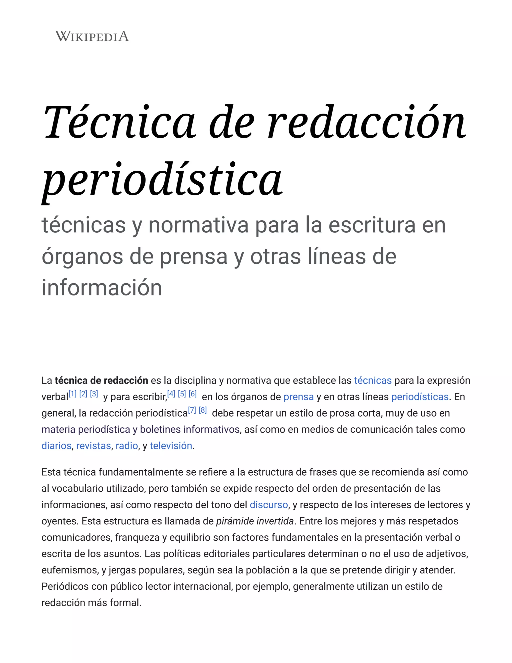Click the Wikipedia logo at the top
[x=92, y=37]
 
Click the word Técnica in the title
[x=120, y=123]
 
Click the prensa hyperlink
[x=298, y=397]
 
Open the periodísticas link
[x=420, y=397]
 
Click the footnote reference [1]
[x=72, y=394]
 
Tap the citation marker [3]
[x=94, y=394]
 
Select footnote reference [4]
[x=171, y=394]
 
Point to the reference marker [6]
[x=192, y=394]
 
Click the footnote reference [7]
[x=192, y=410]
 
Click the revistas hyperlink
[x=93, y=446]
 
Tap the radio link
[x=127, y=446]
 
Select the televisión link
[x=171, y=446]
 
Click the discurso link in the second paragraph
[x=269, y=505]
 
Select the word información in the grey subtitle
[x=101, y=287]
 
